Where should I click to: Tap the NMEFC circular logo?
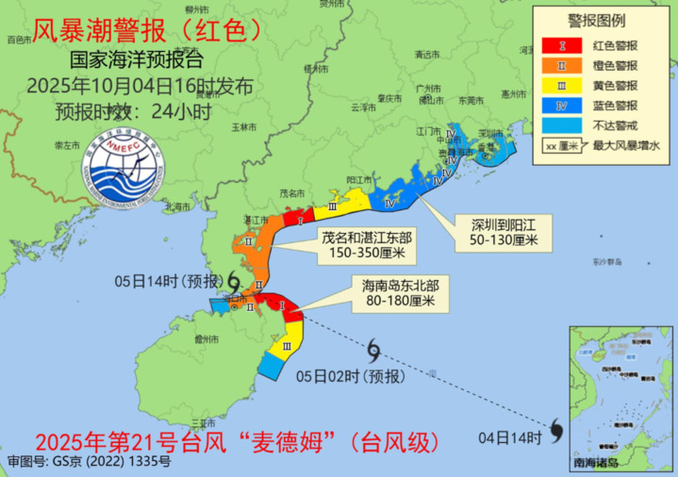click(114, 159)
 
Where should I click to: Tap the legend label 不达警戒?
click(612, 124)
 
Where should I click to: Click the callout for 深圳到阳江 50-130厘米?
click(504, 232)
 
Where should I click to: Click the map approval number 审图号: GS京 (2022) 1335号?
click(89, 462)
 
